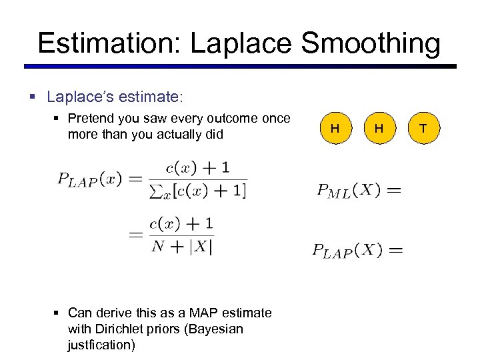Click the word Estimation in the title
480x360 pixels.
(109, 43)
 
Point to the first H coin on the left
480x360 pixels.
(335, 128)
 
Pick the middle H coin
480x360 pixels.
(379, 128)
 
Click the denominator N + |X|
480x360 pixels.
(182, 245)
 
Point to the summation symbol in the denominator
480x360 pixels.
(158, 191)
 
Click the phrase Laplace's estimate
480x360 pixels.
(113, 97)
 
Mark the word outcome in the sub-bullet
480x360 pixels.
(233, 119)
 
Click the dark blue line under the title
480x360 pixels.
(240, 67)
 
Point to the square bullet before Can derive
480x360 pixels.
(60, 313)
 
